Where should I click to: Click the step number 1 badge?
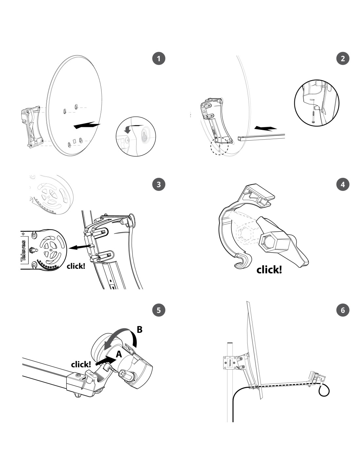(x=159, y=59)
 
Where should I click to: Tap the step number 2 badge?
(x=343, y=59)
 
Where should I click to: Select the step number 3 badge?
(x=159, y=184)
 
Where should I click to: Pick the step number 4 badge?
(x=343, y=184)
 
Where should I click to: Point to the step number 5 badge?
(x=159, y=310)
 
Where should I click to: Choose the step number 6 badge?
(x=343, y=310)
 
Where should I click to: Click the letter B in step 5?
(x=139, y=330)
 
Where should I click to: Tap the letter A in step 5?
(x=119, y=353)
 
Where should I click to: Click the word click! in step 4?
(x=269, y=270)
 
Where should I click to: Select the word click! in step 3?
(x=76, y=266)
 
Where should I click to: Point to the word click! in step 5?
(x=81, y=364)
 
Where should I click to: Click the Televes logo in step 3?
(x=24, y=251)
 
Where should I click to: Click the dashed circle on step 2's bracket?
(x=219, y=146)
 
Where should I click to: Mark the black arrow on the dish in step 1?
(x=86, y=125)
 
